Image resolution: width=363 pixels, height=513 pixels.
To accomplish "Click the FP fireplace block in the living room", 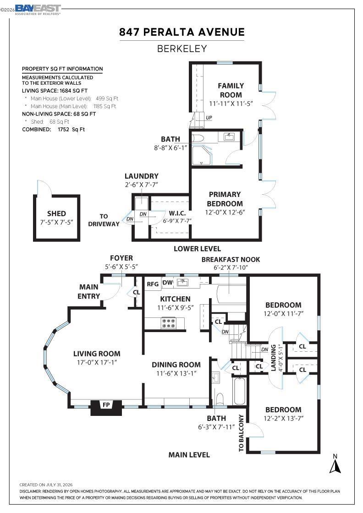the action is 106,407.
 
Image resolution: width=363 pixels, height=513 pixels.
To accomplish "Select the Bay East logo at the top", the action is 38,10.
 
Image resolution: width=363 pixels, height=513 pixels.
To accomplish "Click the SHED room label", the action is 57,213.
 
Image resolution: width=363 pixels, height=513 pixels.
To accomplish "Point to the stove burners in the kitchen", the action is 169,323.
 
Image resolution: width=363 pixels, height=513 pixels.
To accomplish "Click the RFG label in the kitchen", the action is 153,284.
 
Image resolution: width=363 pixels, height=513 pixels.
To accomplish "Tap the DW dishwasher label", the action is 168,282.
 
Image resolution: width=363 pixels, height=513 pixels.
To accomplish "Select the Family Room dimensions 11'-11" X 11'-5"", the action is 231,104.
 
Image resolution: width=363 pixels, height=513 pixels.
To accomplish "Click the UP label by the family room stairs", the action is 209,117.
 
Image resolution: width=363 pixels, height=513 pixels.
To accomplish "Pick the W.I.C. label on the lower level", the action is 177,213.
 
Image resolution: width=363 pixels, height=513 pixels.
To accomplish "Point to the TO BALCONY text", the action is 241,433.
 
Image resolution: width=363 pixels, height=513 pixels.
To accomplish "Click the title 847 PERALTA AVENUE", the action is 182,32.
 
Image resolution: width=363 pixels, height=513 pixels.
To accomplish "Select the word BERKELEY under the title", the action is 182,49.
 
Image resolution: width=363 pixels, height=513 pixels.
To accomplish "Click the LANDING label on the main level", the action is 273,358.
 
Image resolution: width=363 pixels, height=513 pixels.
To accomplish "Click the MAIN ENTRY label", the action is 89,291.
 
